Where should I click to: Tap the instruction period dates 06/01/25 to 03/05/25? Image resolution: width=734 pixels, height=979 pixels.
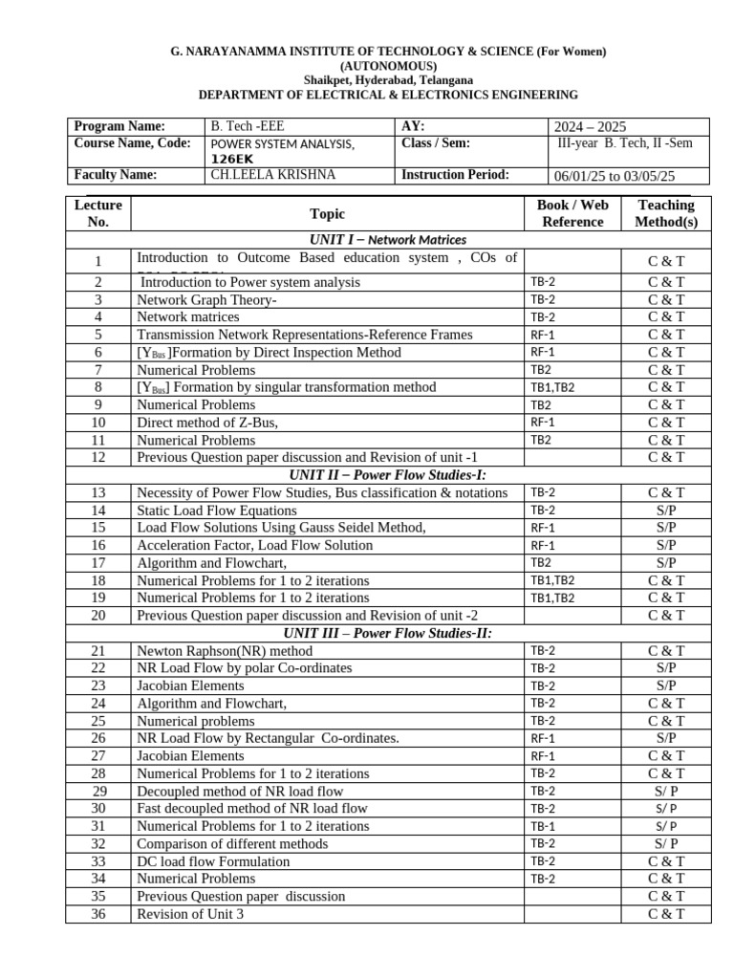(615, 176)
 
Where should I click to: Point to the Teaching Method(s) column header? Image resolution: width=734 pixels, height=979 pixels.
(667, 213)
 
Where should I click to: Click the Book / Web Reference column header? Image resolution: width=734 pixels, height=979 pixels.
(572, 213)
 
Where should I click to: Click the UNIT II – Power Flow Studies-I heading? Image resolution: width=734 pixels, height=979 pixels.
(387, 475)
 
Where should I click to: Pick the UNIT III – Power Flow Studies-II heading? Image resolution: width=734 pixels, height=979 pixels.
(387, 633)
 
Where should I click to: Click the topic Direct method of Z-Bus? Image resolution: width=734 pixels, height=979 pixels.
(214, 422)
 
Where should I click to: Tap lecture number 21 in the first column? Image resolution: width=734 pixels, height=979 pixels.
(98, 651)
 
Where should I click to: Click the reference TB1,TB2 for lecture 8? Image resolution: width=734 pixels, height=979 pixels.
(551, 387)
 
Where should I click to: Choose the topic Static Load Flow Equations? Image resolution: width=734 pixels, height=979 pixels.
(217, 511)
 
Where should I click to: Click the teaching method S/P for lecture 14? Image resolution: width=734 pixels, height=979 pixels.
(666, 511)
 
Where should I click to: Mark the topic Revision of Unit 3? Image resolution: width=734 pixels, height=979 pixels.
(190, 914)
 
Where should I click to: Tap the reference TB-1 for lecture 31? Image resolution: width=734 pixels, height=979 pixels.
(542, 826)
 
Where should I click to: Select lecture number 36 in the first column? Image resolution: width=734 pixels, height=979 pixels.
(98, 914)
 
